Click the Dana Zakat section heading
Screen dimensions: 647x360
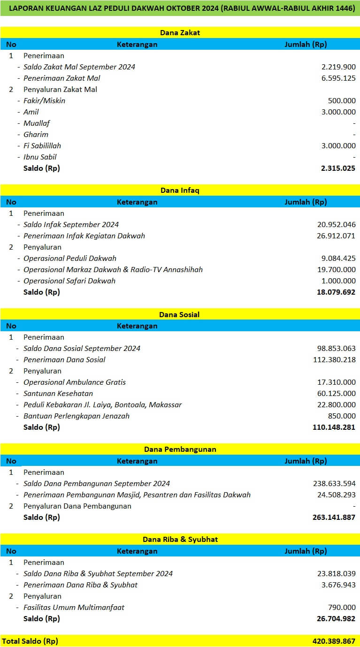(x=180, y=33)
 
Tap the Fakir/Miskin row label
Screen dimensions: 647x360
(x=44, y=101)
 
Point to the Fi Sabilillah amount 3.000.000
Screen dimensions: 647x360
(x=338, y=146)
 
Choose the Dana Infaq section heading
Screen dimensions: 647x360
(x=180, y=190)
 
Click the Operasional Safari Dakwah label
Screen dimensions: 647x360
(x=69, y=281)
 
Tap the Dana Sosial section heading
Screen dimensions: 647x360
(x=180, y=315)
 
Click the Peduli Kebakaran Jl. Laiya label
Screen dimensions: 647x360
(x=102, y=405)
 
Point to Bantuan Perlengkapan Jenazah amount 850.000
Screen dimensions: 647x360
(x=342, y=416)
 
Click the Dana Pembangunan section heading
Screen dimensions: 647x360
(x=180, y=449)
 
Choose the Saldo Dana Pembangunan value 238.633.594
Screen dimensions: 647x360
(x=334, y=484)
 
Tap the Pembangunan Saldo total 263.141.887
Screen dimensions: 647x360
(x=334, y=518)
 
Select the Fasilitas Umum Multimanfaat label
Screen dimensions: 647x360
(x=74, y=608)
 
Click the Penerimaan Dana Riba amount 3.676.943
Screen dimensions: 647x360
(x=338, y=585)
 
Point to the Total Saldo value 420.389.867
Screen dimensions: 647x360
(x=334, y=641)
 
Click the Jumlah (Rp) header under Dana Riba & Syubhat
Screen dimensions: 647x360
(x=306, y=551)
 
